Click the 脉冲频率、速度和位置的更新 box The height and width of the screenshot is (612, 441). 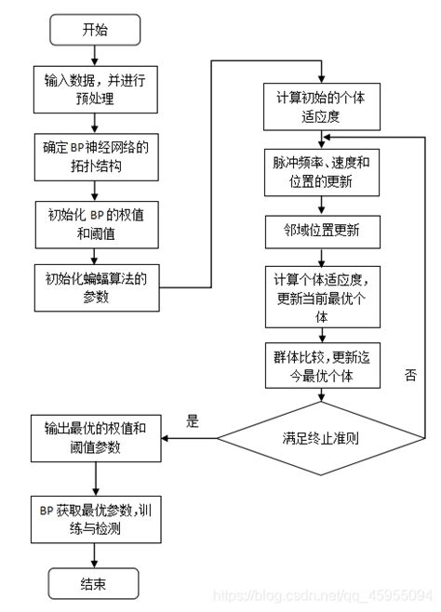(321, 173)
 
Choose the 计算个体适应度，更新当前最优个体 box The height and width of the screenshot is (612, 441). (321, 297)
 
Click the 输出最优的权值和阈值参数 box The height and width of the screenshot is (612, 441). (94, 437)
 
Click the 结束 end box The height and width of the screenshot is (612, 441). (94, 583)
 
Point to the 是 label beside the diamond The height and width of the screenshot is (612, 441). (193, 421)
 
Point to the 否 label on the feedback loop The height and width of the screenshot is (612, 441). (410, 375)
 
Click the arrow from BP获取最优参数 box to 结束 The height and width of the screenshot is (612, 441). (94, 554)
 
